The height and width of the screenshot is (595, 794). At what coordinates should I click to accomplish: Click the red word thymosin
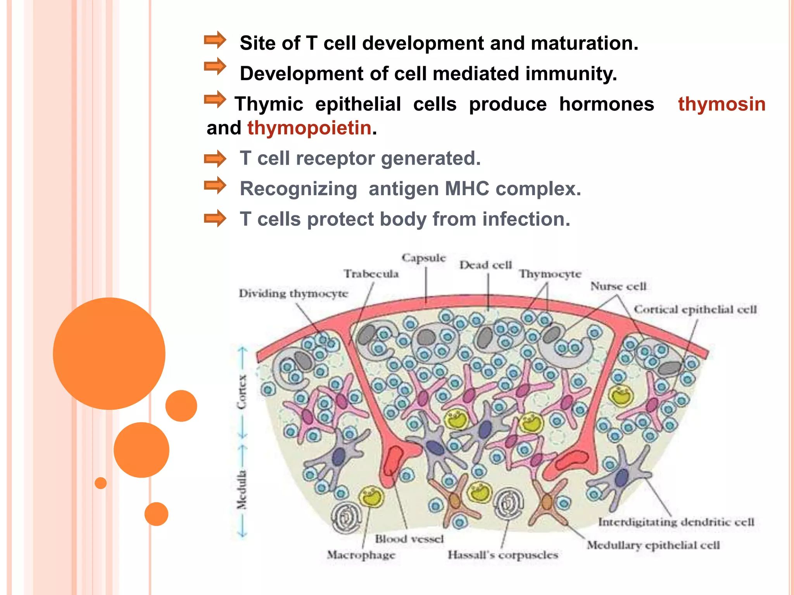[x=722, y=104]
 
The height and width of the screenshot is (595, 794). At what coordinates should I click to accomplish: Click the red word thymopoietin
[x=309, y=128]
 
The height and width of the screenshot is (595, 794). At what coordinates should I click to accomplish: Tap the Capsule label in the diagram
[x=424, y=258]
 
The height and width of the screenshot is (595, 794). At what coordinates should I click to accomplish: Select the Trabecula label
[x=371, y=274]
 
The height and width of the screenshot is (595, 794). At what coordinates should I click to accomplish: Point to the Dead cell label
[x=486, y=265]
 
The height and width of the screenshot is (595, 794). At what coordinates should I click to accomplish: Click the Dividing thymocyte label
[x=293, y=294]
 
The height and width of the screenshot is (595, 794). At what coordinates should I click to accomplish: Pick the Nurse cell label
[x=618, y=286]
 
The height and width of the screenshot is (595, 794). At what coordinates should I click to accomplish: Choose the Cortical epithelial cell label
[x=695, y=310]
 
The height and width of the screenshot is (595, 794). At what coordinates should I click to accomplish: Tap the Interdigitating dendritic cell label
[x=676, y=522]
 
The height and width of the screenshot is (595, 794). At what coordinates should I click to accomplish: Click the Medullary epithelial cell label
[x=653, y=545]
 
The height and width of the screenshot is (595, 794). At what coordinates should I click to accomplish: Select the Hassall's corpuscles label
[x=503, y=555]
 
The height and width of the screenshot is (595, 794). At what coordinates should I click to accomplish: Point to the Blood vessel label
[x=409, y=539]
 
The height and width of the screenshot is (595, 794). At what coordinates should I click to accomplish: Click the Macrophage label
[x=361, y=555]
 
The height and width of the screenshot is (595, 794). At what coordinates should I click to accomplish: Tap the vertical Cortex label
[x=242, y=392]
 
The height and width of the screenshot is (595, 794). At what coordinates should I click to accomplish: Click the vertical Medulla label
[x=242, y=490]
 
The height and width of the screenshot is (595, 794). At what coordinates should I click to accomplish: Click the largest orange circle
[x=109, y=353]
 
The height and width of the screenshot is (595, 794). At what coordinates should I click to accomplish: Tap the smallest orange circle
[x=101, y=483]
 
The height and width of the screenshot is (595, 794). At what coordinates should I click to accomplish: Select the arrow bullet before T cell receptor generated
[x=215, y=159]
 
